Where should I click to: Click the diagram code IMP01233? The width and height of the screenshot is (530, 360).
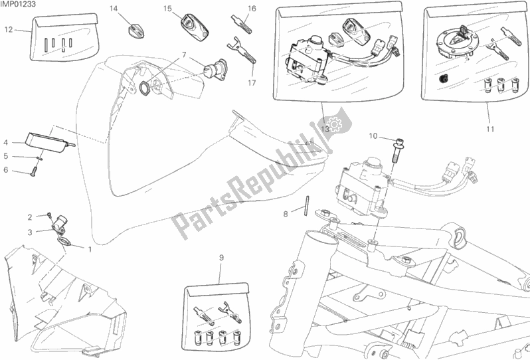tap(18, 5)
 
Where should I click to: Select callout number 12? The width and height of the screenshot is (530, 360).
tap(9, 30)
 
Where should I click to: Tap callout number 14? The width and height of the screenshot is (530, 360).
tap(114, 9)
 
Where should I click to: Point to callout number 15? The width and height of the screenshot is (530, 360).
tap(167, 9)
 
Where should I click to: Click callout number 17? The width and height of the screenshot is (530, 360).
tap(252, 82)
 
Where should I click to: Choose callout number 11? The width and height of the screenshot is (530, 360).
tap(490, 129)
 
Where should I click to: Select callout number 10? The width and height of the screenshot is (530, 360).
tap(373, 136)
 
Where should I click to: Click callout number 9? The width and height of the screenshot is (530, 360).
tap(221, 258)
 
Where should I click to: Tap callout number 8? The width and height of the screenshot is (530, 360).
tap(286, 214)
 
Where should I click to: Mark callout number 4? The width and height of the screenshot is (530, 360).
tap(6, 143)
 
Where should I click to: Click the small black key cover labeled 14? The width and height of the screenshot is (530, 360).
tap(136, 30)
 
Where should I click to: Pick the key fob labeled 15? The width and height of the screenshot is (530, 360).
tap(195, 27)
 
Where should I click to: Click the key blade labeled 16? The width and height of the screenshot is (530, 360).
tap(242, 24)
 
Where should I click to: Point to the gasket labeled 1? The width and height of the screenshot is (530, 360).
tap(64, 241)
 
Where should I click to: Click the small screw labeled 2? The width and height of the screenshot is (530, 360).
tap(49, 215)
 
